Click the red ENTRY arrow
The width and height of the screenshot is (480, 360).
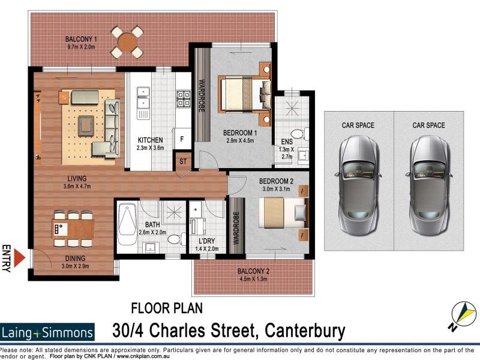pyautogui.click(x=20, y=259)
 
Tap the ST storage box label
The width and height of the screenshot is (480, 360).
pyautogui.click(x=182, y=161)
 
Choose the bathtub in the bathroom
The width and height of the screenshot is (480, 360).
pyautogui.click(x=127, y=226)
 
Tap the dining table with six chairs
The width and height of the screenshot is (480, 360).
pyautogui.click(x=73, y=228)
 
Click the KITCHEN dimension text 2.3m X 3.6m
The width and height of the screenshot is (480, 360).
pyautogui.click(x=149, y=148)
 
